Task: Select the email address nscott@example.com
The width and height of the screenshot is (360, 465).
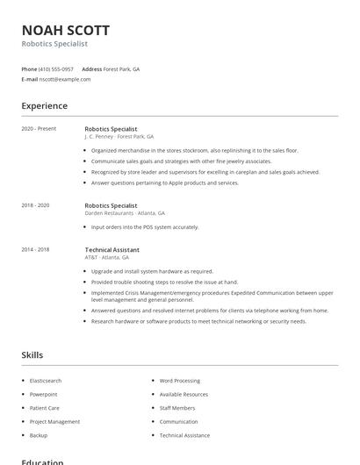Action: (x=64, y=79)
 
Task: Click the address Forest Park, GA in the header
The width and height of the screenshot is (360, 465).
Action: (x=121, y=68)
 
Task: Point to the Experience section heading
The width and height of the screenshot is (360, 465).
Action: (x=44, y=106)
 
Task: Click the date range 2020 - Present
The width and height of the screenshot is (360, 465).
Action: (x=39, y=129)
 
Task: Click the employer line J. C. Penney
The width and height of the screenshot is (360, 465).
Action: (x=119, y=137)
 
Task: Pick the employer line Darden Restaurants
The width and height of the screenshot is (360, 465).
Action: (x=124, y=213)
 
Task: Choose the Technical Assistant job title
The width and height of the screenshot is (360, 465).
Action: (x=112, y=250)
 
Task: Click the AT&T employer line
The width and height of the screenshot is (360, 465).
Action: (x=106, y=258)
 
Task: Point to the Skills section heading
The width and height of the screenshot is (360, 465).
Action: (x=32, y=355)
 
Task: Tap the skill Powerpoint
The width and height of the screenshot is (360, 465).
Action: (x=43, y=395)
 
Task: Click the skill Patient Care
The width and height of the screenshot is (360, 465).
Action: (x=45, y=408)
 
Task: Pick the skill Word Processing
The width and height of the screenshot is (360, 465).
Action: (x=179, y=381)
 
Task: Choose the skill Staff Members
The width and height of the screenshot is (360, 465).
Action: (x=177, y=408)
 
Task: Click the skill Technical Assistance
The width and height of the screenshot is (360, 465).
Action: (x=184, y=435)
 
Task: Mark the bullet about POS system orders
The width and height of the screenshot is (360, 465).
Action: (x=145, y=227)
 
